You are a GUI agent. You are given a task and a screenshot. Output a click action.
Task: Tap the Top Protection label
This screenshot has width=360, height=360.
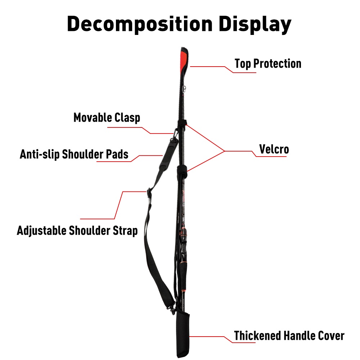click(x=268, y=64)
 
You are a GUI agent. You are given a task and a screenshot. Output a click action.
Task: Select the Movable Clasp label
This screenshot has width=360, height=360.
click(x=107, y=117)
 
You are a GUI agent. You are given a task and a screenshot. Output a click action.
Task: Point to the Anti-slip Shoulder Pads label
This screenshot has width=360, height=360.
click(x=74, y=154)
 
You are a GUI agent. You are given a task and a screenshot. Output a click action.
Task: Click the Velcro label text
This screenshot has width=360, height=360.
click(x=274, y=149)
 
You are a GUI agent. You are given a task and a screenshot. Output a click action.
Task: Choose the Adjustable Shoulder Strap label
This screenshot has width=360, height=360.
click(x=77, y=230)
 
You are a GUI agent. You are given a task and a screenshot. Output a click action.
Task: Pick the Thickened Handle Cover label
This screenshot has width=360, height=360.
click(x=289, y=336)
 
